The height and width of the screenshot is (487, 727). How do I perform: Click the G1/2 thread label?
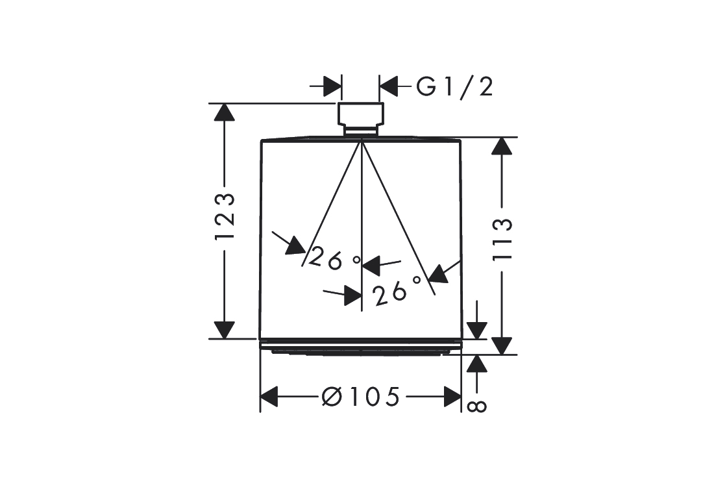454,86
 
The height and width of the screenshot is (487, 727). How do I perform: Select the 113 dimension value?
502,239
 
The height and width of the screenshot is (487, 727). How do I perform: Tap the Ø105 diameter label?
360,395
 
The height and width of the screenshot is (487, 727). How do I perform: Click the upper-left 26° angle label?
334,258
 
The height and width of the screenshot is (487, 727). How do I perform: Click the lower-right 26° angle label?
398,293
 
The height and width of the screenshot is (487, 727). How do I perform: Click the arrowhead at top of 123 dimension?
225,113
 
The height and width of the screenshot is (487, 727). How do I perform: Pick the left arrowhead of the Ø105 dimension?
269,395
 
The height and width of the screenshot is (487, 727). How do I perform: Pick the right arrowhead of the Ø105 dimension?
452,395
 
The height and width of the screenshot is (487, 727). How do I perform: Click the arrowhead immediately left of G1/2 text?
389,86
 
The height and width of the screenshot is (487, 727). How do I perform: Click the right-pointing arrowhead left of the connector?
332,86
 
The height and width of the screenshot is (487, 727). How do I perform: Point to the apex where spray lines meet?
361,139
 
